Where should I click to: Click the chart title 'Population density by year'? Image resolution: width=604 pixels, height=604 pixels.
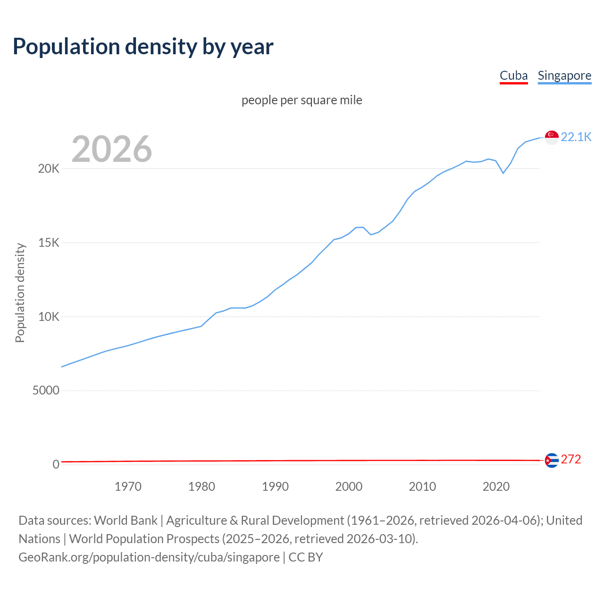click(x=143, y=46)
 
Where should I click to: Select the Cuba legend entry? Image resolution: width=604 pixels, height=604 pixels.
click(x=513, y=75)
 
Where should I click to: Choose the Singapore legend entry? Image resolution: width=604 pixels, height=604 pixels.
click(x=564, y=75)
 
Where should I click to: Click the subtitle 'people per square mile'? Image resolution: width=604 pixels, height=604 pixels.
click(x=302, y=100)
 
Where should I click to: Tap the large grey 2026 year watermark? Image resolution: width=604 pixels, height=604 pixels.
click(x=112, y=149)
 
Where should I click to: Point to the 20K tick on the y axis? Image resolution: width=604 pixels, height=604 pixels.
click(x=49, y=169)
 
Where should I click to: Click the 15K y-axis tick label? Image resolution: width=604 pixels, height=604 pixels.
click(x=49, y=243)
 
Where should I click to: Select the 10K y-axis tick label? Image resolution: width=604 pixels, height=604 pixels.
click(x=49, y=317)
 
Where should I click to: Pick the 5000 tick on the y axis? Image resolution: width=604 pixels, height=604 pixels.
click(x=46, y=391)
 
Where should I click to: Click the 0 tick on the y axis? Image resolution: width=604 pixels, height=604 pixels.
click(x=56, y=465)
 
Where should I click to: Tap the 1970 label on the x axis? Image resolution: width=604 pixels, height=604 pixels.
click(x=128, y=487)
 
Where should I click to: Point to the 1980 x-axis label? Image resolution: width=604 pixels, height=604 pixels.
click(x=201, y=487)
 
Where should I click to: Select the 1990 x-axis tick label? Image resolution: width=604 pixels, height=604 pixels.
click(x=275, y=487)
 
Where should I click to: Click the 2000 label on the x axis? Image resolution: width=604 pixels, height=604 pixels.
click(x=349, y=487)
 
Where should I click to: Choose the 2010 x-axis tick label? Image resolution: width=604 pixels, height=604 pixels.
click(x=422, y=487)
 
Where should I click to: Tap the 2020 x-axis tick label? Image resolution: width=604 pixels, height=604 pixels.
click(x=496, y=487)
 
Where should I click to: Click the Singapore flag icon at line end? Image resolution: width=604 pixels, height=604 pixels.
click(x=552, y=137)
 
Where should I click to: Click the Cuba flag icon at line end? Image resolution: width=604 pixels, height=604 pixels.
click(x=552, y=460)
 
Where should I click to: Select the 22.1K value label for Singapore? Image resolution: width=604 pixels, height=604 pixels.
click(x=576, y=137)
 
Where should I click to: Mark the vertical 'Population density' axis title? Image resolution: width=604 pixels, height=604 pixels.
click(x=20, y=293)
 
